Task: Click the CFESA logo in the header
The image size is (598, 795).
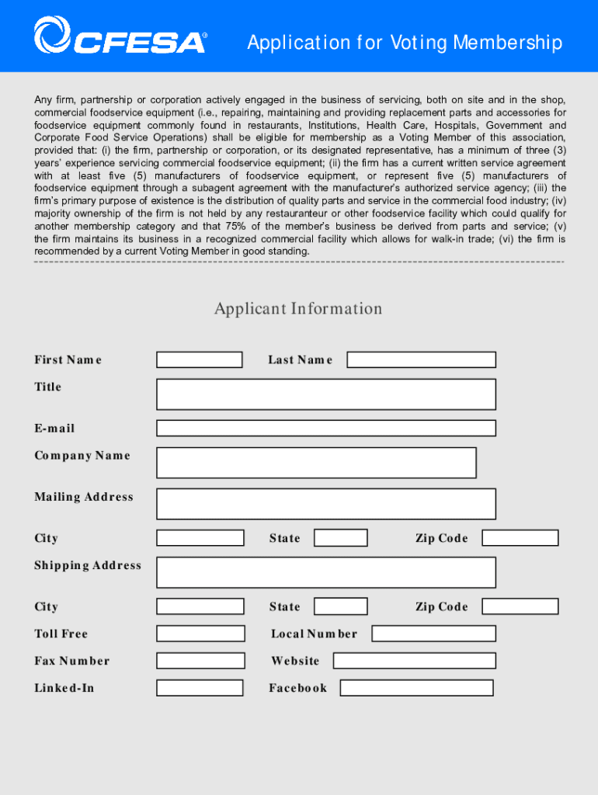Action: click(120, 37)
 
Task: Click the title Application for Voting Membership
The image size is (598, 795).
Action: click(405, 43)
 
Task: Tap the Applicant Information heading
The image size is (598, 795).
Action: click(298, 309)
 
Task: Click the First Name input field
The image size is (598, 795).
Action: click(200, 360)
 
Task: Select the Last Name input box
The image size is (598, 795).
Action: click(421, 360)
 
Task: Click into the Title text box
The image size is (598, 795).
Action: click(325, 394)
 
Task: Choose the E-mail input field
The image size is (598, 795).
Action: click(325, 429)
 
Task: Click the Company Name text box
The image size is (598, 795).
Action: click(316, 463)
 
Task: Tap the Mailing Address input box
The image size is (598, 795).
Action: click(325, 504)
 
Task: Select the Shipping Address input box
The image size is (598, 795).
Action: click(325, 572)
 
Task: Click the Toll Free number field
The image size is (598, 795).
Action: click(200, 634)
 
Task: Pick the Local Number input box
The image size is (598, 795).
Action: click(433, 634)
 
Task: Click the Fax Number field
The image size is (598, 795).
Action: click(200, 661)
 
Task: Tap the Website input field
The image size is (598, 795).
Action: click(414, 661)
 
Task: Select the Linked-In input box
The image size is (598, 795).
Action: click(200, 688)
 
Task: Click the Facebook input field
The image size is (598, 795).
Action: click(416, 688)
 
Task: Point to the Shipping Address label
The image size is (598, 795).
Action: click(88, 566)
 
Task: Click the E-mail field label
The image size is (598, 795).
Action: click(54, 429)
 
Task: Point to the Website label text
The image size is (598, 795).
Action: click(295, 661)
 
